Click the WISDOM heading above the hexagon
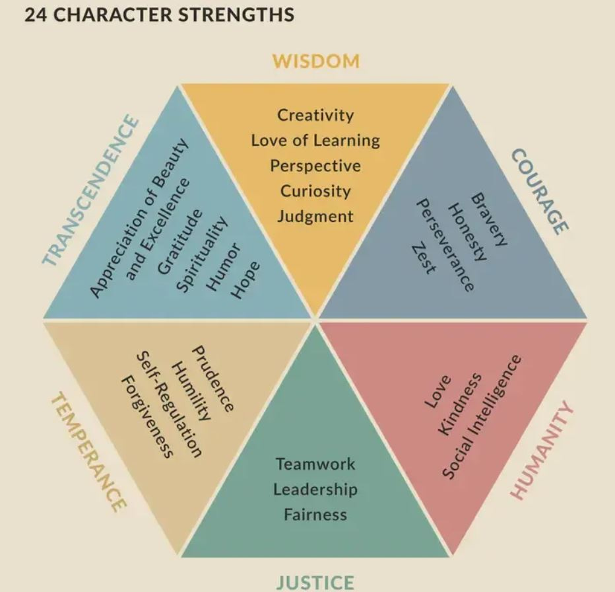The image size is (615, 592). pyautogui.click(x=316, y=61)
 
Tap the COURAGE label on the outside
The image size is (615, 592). pyautogui.click(x=540, y=191)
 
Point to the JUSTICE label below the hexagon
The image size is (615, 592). pyautogui.click(x=315, y=582)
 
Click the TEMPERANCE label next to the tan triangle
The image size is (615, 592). pyautogui.click(x=88, y=452)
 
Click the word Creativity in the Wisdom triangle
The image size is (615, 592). pyautogui.click(x=315, y=115)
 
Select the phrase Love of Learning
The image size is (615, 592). pyautogui.click(x=315, y=140)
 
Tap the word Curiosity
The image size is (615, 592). pyautogui.click(x=315, y=191)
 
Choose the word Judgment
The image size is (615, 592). pyautogui.click(x=315, y=216)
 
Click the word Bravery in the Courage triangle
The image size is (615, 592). pyautogui.click(x=489, y=220)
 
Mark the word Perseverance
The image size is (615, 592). pyautogui.click(x=444, y=245)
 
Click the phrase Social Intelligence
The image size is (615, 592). pyautogui.click(x=482, y=416)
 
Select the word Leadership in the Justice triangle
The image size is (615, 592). pyautogui.click(x=315, y=489)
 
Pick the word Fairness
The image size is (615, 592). pyautogui.click(x=315, y=514)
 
